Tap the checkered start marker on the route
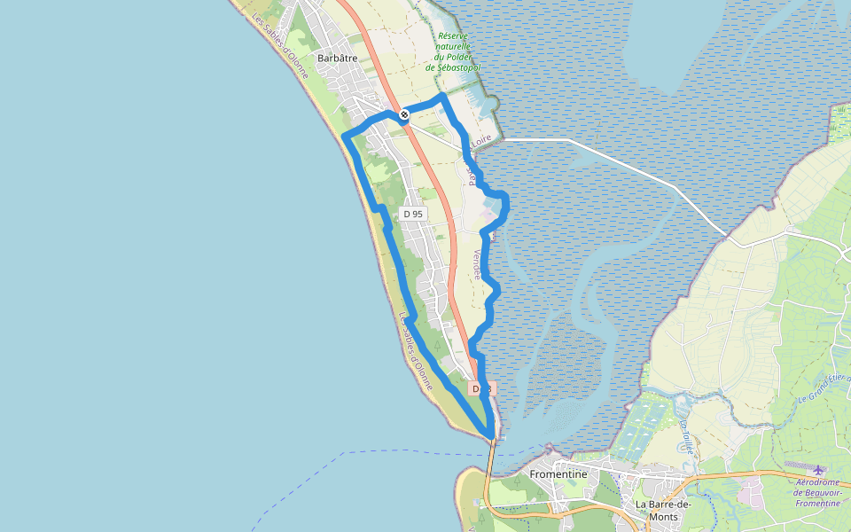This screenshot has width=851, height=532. pyautogui.click(x=404, y=114)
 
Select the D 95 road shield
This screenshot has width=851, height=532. pyautogui.click(x=413, y=214)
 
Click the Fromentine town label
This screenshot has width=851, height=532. pyautogui.click(x=558, y=474)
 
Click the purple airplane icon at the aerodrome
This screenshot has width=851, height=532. pyautogui.click(x=817, y=470)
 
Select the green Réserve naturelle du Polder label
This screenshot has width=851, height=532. pyautogui.click(x=453, y=52)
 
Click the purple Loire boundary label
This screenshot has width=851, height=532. pyautogui.click(x=480, y=140)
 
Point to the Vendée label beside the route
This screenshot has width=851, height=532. pyautogui.click(x=478, y=264)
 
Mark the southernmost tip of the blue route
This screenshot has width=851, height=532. pyautogui.click(x=488, y=434)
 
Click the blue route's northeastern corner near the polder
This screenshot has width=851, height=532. pyautogui.click(x=441, y=96)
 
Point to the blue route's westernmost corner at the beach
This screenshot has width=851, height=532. pyautogui.click(x=345, y=136)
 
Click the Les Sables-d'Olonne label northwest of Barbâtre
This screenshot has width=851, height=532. pyautogui.click(x=280, y=46)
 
